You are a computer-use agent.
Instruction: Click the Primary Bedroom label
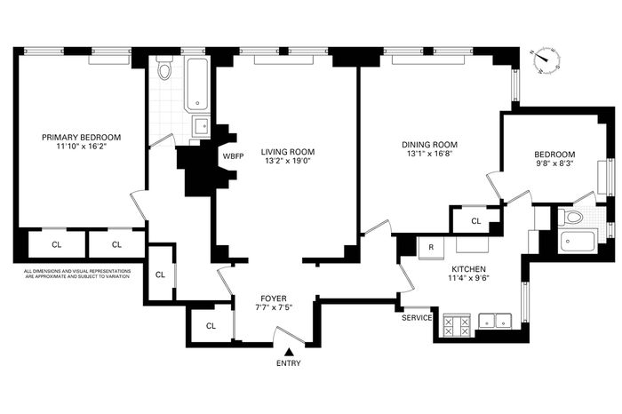point(82,137)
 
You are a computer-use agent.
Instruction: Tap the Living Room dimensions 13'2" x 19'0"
point(288,161)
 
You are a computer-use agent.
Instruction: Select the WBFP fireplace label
point(233,156)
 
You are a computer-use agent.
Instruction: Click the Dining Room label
point(429,145)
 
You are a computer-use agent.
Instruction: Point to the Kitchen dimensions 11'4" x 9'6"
point(468,277)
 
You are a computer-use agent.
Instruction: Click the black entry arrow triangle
point(289,352)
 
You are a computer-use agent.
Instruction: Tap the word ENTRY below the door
point(289,363)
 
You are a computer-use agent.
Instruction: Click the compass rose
point(546,61)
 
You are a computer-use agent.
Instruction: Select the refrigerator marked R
point(431,248)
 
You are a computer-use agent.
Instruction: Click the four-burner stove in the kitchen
point(456,325)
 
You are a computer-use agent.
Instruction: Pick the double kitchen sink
point(495,321)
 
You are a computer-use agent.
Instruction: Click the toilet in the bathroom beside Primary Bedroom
point(164,68)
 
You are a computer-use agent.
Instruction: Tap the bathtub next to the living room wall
point(197,84)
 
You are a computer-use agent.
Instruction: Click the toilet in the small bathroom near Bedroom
point(570,217)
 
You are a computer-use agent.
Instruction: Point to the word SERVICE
point(417,318)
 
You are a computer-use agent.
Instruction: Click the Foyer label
point(274,299)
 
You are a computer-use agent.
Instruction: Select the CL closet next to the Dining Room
point(476,221)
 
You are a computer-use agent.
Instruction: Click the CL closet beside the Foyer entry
point(211,325)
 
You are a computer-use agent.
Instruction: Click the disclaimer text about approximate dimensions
point(77,274)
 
